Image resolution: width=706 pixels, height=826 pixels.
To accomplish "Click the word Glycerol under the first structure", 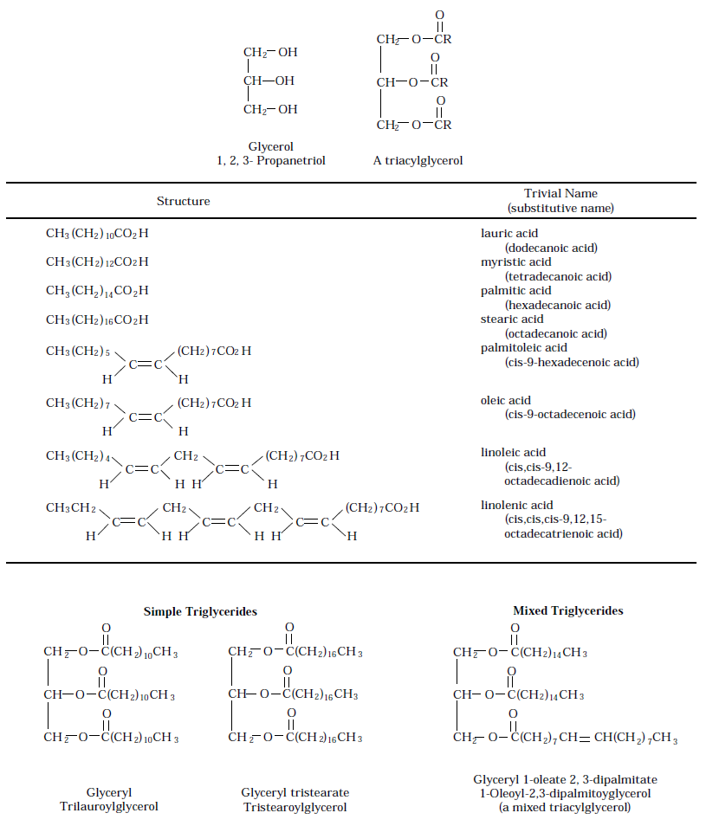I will click(x=271, y=147).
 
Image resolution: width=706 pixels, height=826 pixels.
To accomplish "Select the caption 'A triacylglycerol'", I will click(x=418, y=160).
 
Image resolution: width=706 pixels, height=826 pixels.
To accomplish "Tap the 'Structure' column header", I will click(x=183, y=201).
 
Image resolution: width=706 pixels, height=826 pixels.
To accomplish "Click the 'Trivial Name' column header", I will click(x=560, y=193).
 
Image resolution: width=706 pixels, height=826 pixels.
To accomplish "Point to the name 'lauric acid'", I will click(x=509, y=233).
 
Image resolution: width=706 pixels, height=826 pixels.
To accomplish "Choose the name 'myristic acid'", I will click(x=515, y=261).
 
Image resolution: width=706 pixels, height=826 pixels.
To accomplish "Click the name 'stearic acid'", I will click(x=512, y=319).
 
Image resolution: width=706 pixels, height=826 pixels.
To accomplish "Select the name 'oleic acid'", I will click(x=506, y=400).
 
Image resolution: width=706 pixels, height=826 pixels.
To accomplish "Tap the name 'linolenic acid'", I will click(x=516, y=505).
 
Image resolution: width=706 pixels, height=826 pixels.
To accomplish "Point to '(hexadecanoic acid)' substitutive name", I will click(x=557, y=305).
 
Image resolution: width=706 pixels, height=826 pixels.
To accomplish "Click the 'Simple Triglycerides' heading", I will click(x=200, y=611).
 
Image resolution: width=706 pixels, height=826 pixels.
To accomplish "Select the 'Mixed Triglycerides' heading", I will click(x=567, y=610).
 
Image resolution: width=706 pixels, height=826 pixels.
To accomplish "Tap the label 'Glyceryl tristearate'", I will click(x=295, y=792).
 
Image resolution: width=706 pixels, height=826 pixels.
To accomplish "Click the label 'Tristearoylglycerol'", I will click(x=295, y=807).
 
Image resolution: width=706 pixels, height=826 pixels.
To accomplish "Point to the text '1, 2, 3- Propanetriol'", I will click(x=271, y=160).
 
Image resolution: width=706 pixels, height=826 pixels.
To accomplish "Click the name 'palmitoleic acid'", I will click(x=524, y=347).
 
